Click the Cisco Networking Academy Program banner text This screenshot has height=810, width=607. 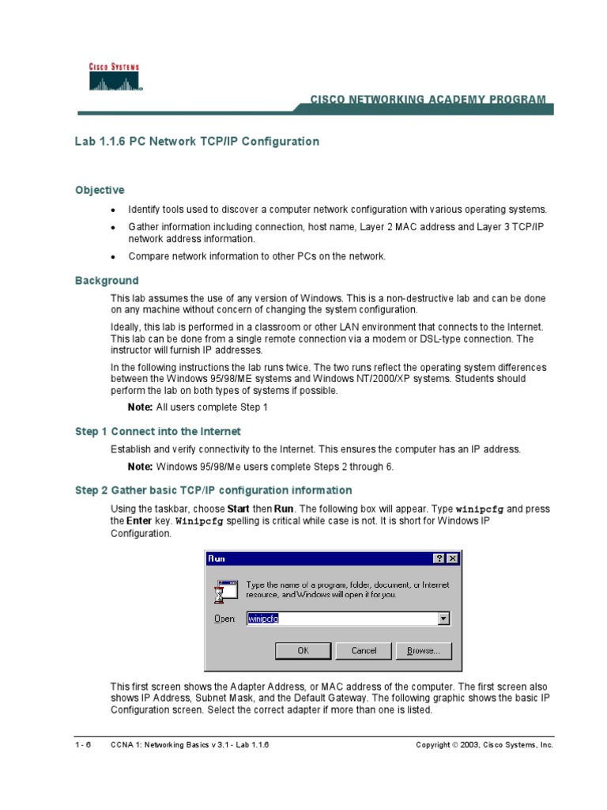427,100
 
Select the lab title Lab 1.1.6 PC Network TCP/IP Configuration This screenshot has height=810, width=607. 197,142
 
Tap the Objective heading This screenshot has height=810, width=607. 100,190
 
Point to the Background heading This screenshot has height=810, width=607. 107,281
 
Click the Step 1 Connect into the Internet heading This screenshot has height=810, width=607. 158,432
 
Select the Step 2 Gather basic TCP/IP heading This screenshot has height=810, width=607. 213,490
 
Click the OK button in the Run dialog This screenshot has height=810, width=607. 302,650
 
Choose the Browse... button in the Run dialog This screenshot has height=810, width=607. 428,650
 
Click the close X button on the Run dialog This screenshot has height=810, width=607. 452,558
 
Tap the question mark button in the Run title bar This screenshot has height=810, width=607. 439,558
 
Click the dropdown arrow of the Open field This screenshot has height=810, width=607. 443,619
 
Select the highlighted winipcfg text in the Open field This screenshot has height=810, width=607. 263,619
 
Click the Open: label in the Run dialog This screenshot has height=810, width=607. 225,619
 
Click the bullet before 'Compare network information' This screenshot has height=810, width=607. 113,257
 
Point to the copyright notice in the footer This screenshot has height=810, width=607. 484,745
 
